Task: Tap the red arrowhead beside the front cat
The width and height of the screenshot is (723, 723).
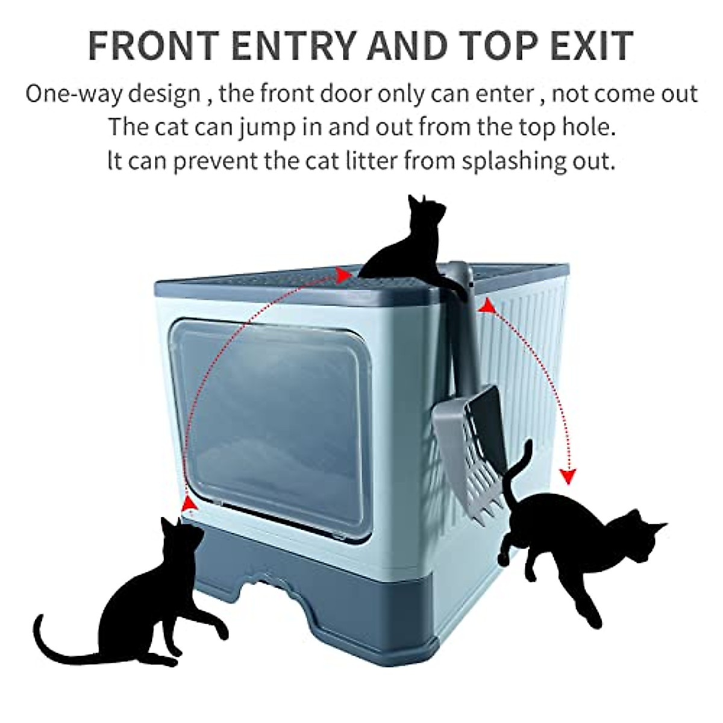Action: (189, 503)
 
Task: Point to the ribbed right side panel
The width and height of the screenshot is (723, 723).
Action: (530, 349)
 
